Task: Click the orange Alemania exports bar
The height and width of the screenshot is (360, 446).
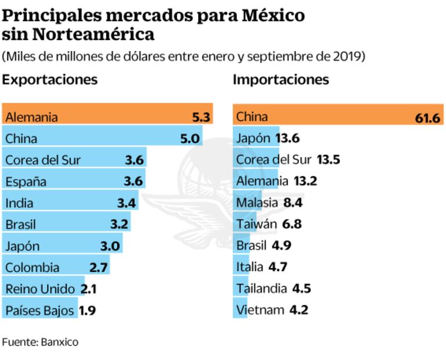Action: (107, 117)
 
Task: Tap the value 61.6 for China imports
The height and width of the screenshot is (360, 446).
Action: (427, 118)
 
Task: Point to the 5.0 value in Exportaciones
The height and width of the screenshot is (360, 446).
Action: (189, 139)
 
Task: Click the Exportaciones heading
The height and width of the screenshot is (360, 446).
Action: (49, 80)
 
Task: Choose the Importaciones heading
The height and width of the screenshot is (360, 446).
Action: (280, 80)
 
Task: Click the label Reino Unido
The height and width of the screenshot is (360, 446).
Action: (40, 289)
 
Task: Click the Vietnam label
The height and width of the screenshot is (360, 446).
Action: (260, 310)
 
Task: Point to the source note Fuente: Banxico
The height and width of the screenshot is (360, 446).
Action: (40, 342)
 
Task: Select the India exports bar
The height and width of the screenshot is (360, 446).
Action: (70, 203)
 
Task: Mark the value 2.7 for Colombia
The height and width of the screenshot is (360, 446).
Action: (99, 267)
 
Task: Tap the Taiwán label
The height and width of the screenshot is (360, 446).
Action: (256, 224)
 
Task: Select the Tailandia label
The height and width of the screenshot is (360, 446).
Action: (261, 289)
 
